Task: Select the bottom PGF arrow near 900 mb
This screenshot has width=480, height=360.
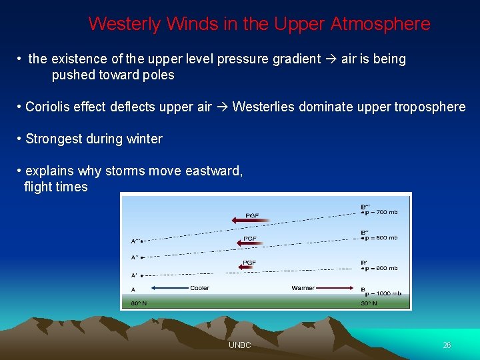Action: (250, 267)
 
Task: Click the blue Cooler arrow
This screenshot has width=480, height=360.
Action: (169, 288)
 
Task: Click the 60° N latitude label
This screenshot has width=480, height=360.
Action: (138, 303)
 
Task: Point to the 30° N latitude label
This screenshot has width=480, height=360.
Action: (369, 303)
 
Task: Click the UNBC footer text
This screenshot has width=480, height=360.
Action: (239, 345)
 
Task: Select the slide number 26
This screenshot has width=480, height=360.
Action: (447, 345)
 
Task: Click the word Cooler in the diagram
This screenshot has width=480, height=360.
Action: (199, 288)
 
